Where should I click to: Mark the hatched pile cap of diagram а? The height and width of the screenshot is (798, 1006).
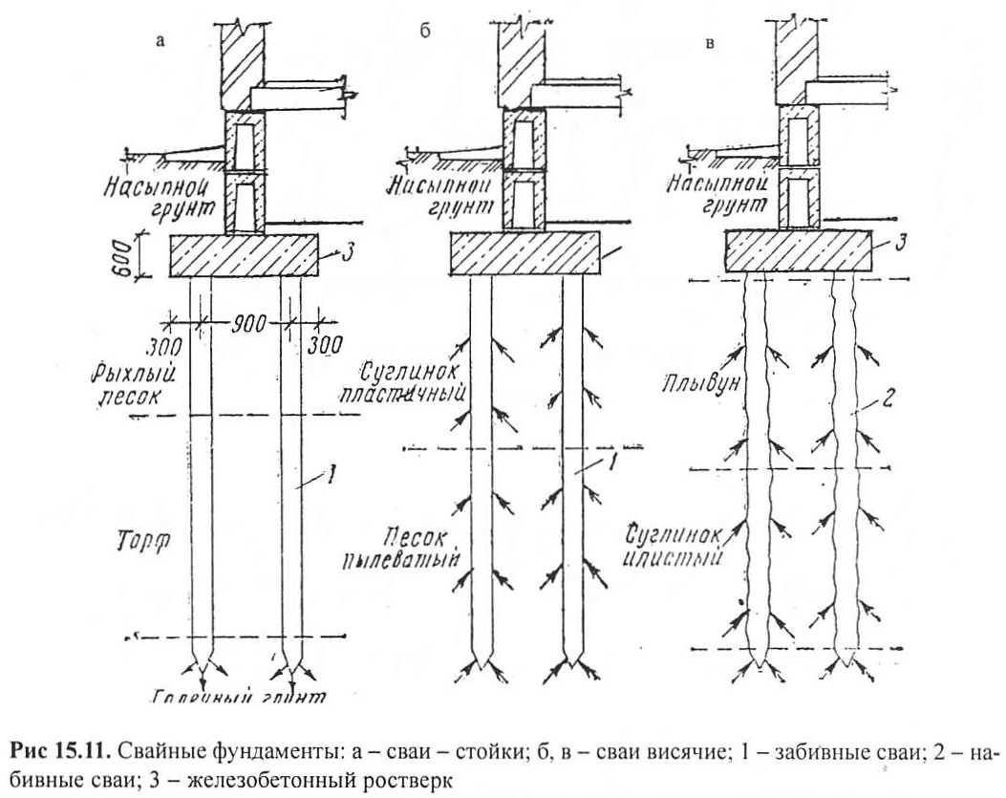(x=245, y=255)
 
